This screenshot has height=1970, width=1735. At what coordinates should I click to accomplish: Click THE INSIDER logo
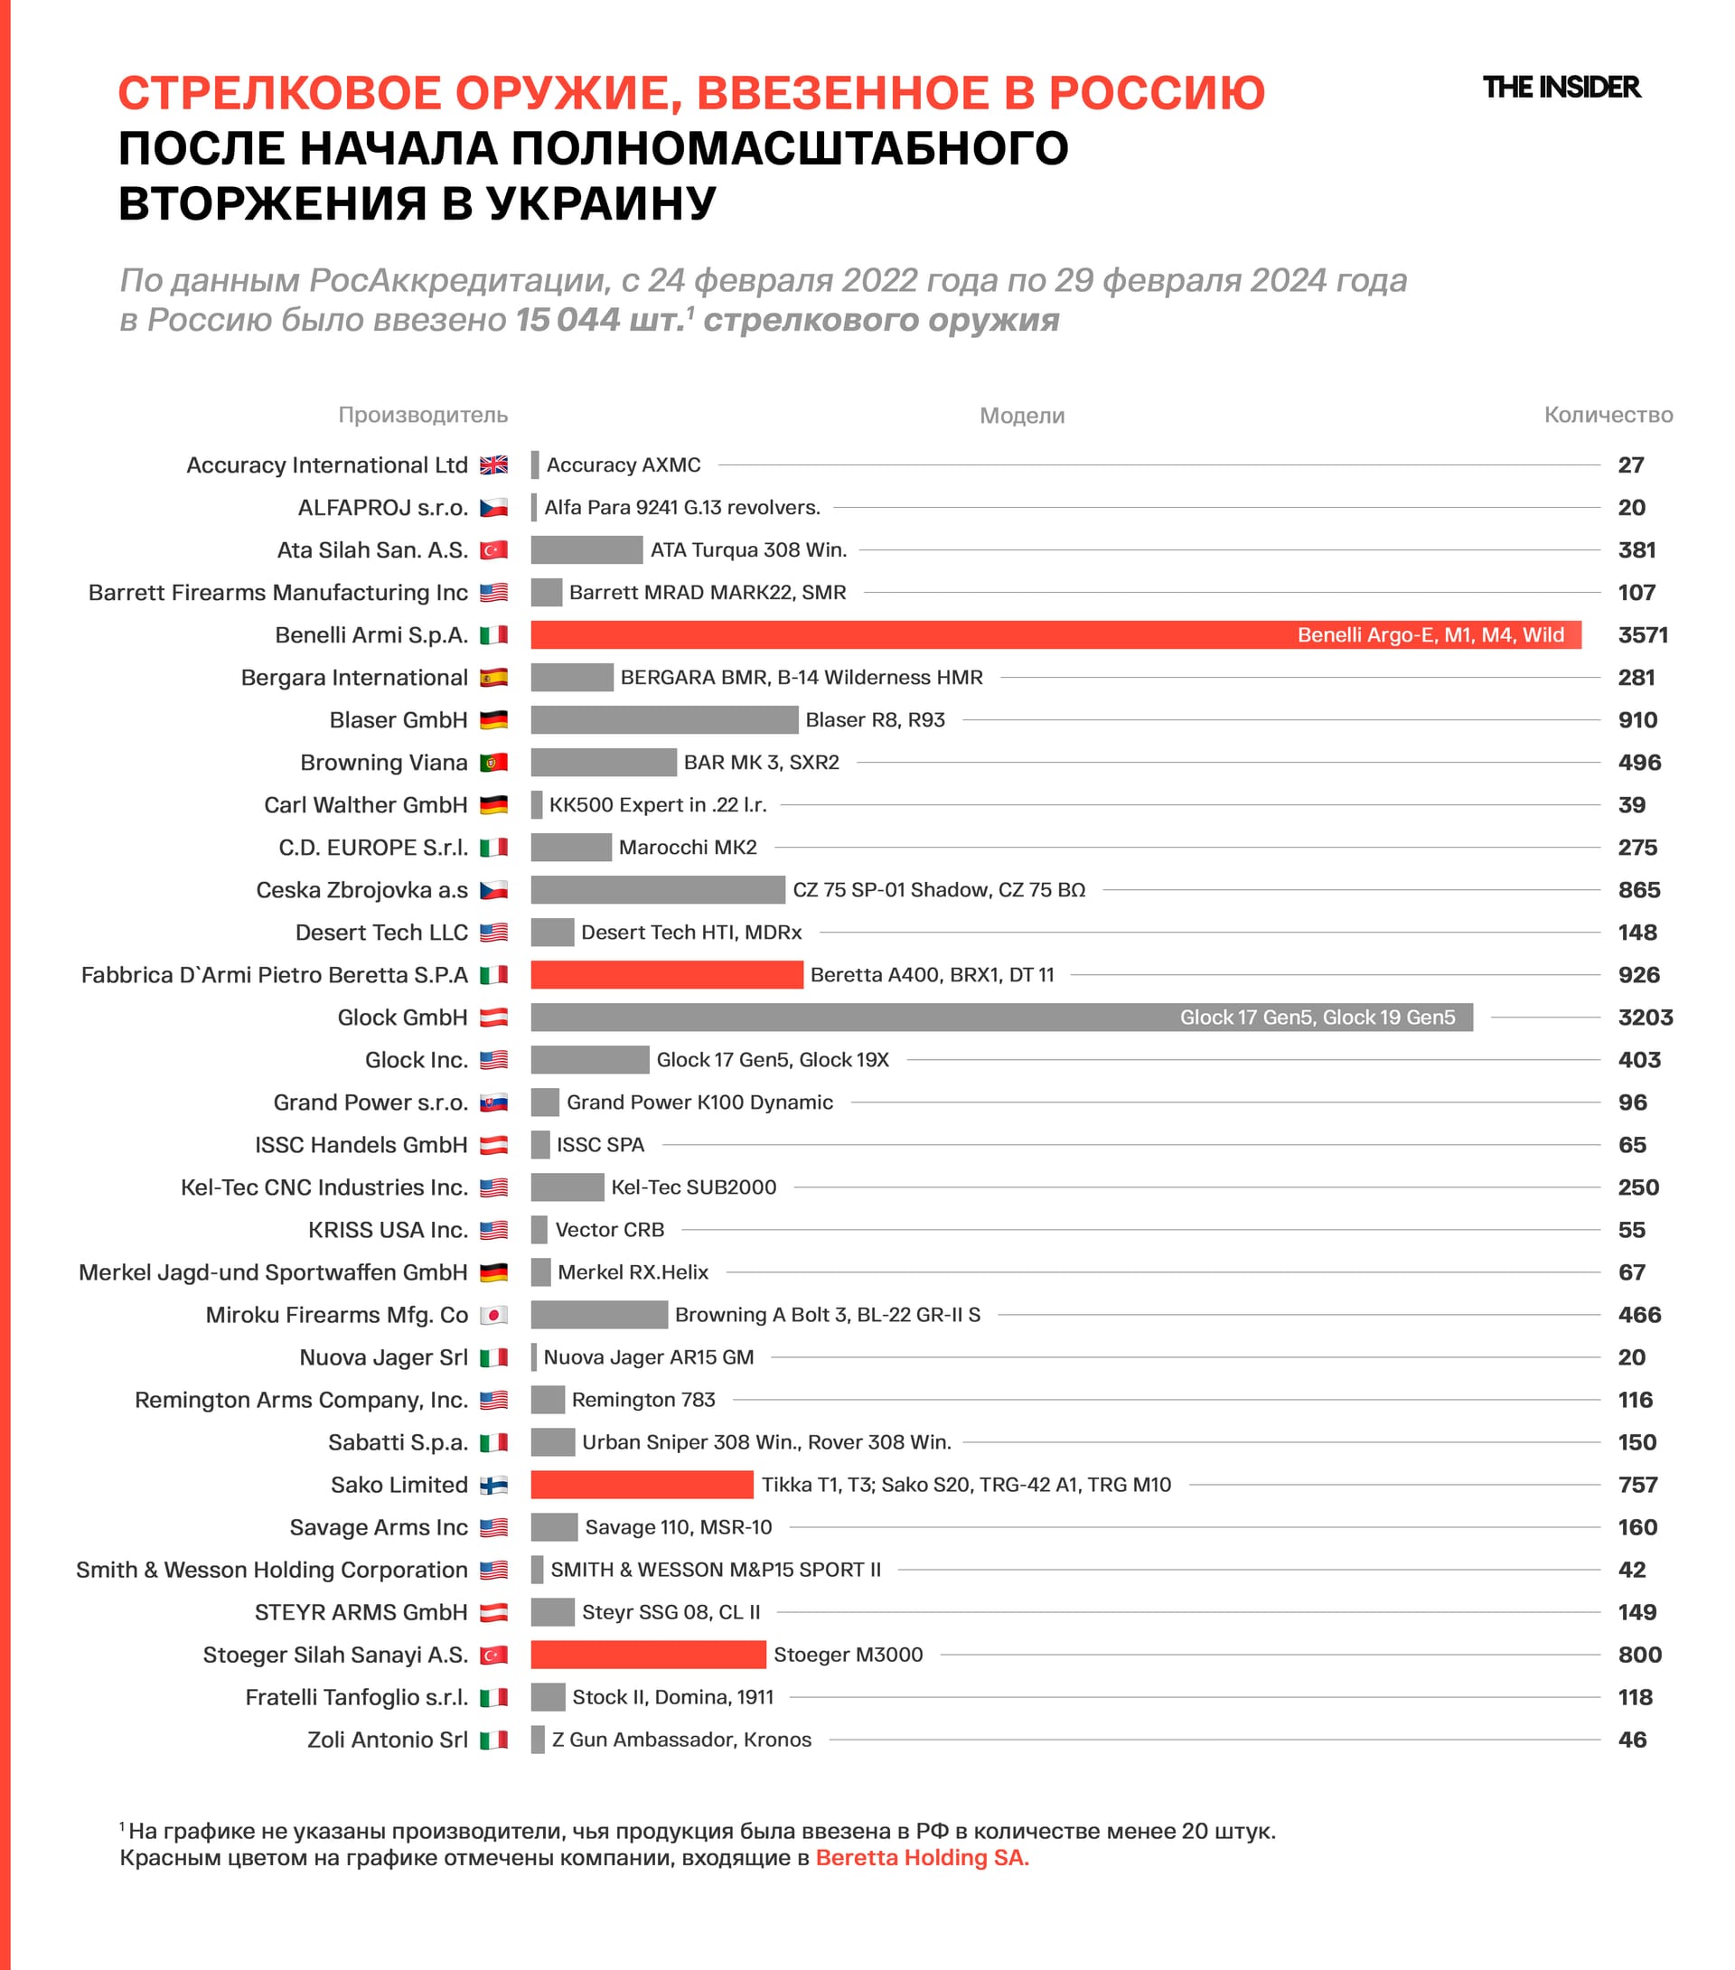pyautogui.click(x=1561, y=88)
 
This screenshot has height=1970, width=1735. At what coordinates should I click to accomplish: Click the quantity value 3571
pyautogui.click(x=1643, y=635)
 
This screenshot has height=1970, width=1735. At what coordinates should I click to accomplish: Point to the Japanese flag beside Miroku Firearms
pyautogui.click(x=493, y=1315)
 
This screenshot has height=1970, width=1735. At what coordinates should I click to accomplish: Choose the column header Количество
pyautogui.click(x=1608, y=415)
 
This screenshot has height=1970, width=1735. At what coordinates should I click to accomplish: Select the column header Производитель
pyautogui.click(x=422, y=415)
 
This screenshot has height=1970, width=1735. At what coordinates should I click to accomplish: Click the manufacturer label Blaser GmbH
pyautogui.click(x=399, y=720)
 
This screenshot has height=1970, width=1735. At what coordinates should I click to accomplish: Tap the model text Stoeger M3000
pyautogui.click(x=849, y=1655)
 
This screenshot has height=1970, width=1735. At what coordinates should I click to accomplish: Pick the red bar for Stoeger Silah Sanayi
pyautogui.click(x=648, y=1655)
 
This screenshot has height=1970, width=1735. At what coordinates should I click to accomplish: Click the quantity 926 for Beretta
pyautogui.click(x=1638, y=974)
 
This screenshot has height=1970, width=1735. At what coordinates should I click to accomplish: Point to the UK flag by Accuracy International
pyautogui.click(x=493, y=465)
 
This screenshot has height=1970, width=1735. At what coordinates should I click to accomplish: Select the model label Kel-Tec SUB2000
pyautogui.click(x=693, y=1187)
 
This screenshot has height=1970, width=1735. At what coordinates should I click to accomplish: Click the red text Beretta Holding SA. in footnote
pyautogui.click(x=922, y=1857)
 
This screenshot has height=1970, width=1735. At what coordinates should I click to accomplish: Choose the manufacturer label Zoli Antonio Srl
pyautogui.click(x=387, y=1740)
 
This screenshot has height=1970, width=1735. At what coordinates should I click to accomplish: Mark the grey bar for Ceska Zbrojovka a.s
pyautogui.click(x=657, y=889)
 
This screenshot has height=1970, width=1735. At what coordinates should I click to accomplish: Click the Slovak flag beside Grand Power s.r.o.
pyautogui.click(x=493, y=1102)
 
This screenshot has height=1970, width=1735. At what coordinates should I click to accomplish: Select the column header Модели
pyautogui.click(x=1022, y=416)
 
